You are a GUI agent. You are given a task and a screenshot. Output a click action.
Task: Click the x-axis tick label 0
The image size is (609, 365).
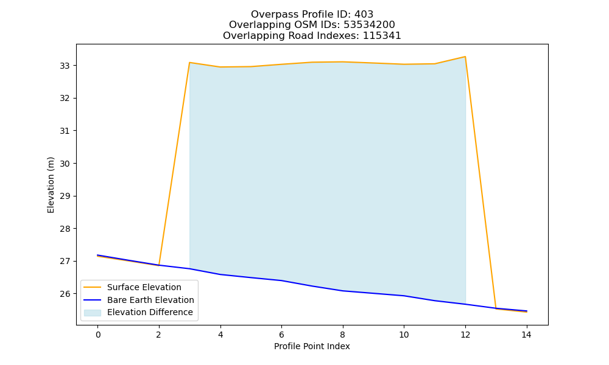pyautogui.click(x=98, y=335)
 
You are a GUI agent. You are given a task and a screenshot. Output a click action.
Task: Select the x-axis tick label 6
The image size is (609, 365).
pyautogui.click(x=281, y=335)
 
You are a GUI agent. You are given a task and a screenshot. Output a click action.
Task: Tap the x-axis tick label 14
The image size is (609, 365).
pyautogui.click(x=526, y=335)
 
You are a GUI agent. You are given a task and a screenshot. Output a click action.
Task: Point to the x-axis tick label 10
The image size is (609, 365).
pyautogui.click(x=404, y=335)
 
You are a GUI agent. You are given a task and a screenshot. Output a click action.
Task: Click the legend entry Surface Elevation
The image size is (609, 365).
pyautogui.click(x=144, y=287)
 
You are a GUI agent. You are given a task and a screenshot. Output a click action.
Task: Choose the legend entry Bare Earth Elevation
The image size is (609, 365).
pyautogui.click(x=150, y=300)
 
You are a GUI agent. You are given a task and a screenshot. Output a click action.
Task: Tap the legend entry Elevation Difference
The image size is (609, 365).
pyautogui.click(x=150, y=312)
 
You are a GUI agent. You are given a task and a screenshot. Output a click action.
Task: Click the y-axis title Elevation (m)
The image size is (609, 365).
pyautogui.click(x=51, y=185)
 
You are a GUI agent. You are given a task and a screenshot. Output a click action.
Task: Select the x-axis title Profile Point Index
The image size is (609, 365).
pyautogui.click(x=312, y=346)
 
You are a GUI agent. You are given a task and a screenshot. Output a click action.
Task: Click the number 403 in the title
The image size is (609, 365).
pyautogui.click(x=364, y=15)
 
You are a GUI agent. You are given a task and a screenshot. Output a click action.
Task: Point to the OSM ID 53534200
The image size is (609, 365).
pyautogui.click(x=369, y=25)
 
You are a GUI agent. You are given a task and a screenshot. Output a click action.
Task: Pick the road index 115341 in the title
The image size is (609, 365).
pyautogui.click(x=382, y=36)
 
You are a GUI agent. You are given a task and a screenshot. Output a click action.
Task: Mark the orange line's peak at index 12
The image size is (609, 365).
pyautogui.click(x=465, y=57)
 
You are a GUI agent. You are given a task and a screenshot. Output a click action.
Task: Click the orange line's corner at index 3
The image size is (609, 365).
pyautogui.click(x=189, y=63)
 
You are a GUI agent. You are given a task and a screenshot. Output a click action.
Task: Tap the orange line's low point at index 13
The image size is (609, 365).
pyautogui.click(x=496, y=309)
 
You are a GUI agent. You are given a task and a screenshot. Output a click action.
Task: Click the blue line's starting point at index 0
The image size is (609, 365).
pyautogui.click(x=98, y=255)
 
